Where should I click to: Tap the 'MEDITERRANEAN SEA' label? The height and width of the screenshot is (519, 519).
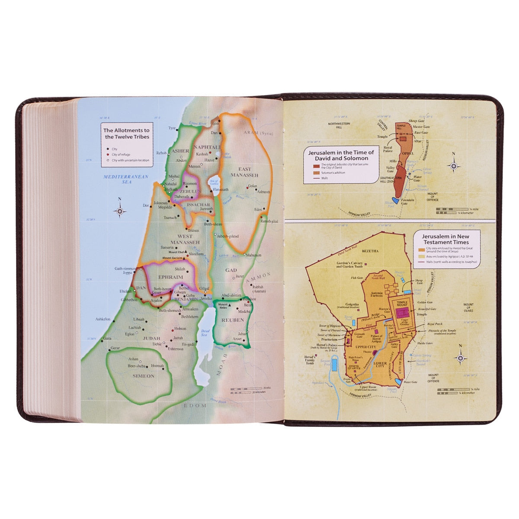[126, 179]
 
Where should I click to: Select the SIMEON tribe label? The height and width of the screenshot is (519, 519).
[144, 376]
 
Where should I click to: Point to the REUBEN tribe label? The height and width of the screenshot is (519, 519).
[233, 320]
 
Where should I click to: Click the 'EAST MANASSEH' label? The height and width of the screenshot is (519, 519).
[244, 172]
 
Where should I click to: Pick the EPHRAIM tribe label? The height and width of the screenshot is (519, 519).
[170, 277]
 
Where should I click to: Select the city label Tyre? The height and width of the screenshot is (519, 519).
[172, 128]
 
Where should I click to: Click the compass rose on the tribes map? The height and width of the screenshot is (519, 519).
[120, 211]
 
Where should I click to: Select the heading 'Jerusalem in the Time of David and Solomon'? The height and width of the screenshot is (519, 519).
[341, 155]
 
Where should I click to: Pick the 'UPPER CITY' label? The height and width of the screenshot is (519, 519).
[365, 347]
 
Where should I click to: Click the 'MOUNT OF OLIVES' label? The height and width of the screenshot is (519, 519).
[468, 308]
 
